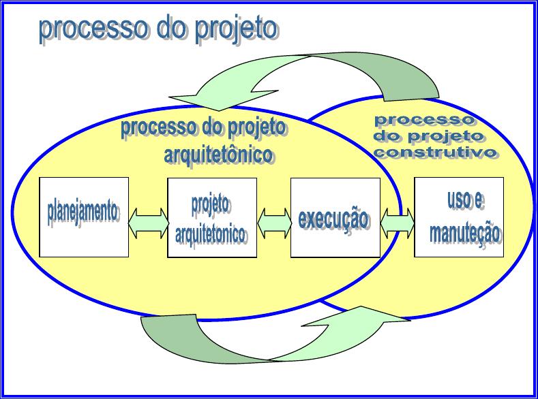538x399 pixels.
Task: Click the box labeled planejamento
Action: tap(84, 217)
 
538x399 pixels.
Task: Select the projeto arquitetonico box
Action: tap(212, 218)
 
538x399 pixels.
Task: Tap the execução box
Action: tap(335, 218)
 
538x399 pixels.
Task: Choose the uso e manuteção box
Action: tap(459, 217)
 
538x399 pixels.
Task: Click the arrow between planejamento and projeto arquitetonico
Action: tap(148, 223)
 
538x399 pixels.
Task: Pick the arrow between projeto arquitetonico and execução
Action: tap(274, 223)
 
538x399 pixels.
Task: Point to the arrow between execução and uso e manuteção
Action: tap(398, 223)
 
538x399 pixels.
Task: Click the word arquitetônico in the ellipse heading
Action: tap(219, 155)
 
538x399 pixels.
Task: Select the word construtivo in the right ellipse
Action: tap(436, 153)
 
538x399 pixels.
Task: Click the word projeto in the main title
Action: tap(237, 29)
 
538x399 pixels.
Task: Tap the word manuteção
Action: tap(466, 234)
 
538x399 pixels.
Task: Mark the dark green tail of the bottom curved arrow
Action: tap(192, 342)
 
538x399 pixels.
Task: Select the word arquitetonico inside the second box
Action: tap(210, 235)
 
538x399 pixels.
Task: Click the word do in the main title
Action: tap(172, 29)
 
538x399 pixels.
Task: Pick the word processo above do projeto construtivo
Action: tap(425, 121)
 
